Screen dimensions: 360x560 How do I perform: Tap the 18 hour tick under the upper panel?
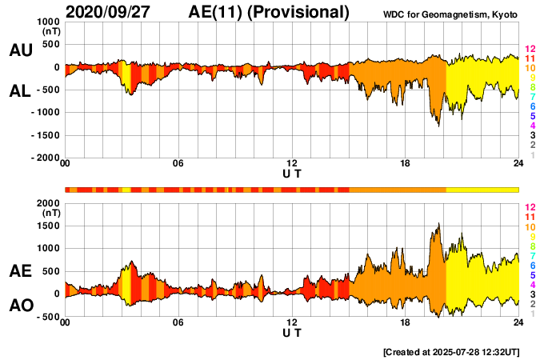pyautogui.click(x=405, y=164)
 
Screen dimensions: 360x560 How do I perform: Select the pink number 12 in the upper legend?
pyautogui.click(x=529, y=49)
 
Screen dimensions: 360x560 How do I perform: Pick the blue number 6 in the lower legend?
pyautogui.click(x=529, y=265)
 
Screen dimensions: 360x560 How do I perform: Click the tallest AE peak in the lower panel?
pyautogui.click(x=438, y=225)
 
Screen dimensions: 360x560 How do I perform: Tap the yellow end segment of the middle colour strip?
pyautogui.click(x=482, y=189)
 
